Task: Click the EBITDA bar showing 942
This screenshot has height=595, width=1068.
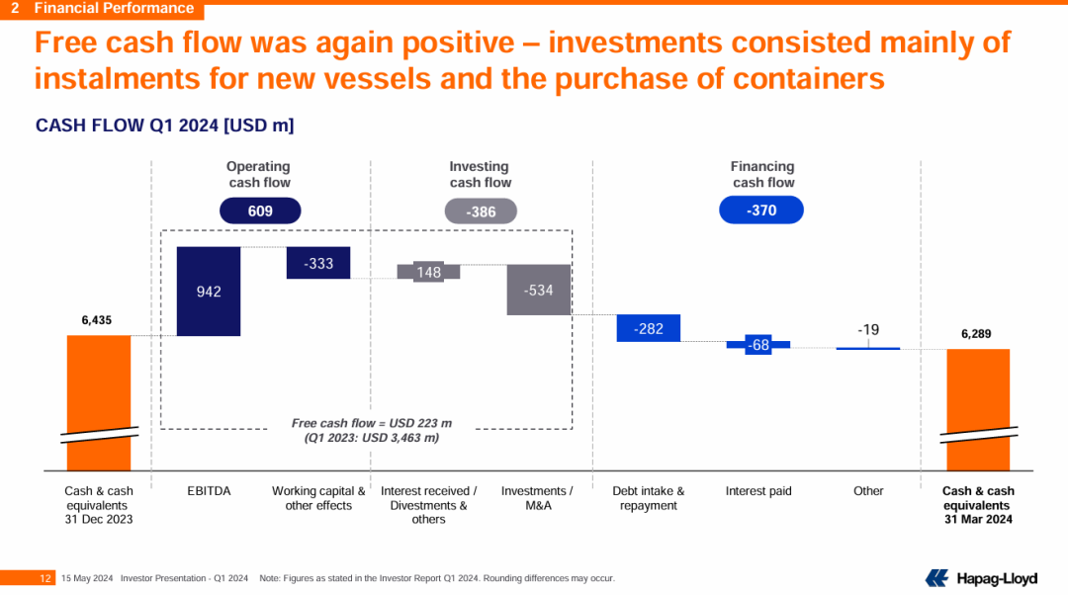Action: [209, 292]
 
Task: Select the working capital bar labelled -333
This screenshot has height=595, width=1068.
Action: [318, 263]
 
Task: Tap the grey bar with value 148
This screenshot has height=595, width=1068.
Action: [428, 272]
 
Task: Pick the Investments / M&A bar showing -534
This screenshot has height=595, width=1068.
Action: [539, 290]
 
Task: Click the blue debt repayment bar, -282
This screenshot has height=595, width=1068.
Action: [649, 328]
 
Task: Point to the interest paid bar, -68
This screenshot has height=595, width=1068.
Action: [758, 345]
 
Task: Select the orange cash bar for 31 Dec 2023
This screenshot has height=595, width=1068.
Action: [99, 403]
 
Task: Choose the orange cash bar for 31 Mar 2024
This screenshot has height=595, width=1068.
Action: [978, 410]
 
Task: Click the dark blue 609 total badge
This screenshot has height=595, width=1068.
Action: [260, 212]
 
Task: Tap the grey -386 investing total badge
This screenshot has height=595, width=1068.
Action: [481, 212]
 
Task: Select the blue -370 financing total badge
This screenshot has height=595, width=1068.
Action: [761, 211]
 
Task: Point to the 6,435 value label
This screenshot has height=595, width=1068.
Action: [97, 320]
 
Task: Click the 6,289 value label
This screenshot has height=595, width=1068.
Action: [976, 334]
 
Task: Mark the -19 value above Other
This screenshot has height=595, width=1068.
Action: [868, 329]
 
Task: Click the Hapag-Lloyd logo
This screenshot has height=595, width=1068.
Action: [981, 578]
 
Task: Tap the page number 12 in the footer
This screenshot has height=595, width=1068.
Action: [45, 578]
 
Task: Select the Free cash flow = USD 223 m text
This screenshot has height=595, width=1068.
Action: [371, 423]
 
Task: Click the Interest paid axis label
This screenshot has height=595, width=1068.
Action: [758, 491]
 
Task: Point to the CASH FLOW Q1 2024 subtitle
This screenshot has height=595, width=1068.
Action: [165, 126]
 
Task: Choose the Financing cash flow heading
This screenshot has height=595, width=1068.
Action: [762, 174]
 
